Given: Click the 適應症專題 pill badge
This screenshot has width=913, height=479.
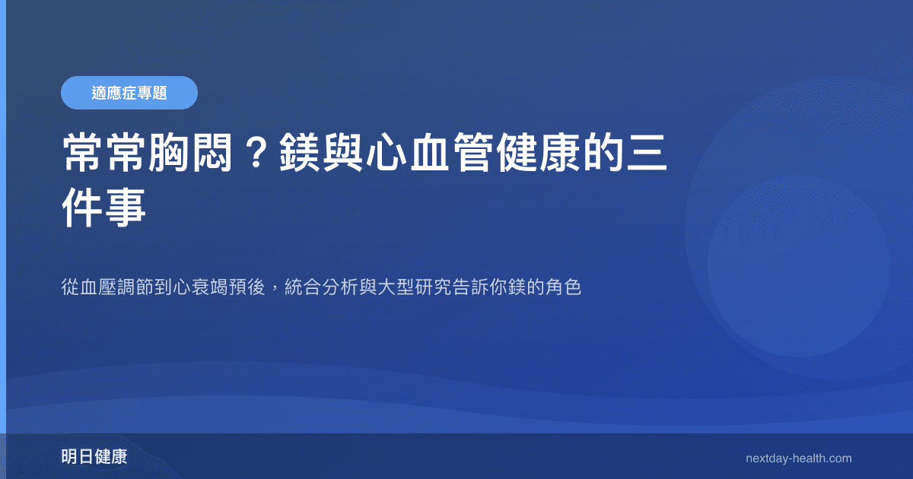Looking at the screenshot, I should click(129, 93).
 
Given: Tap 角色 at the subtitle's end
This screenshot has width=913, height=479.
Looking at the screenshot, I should click(564, 288).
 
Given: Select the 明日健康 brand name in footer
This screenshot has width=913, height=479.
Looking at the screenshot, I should click(94, 457).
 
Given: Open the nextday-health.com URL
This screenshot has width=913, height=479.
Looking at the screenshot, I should click(798, 458).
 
